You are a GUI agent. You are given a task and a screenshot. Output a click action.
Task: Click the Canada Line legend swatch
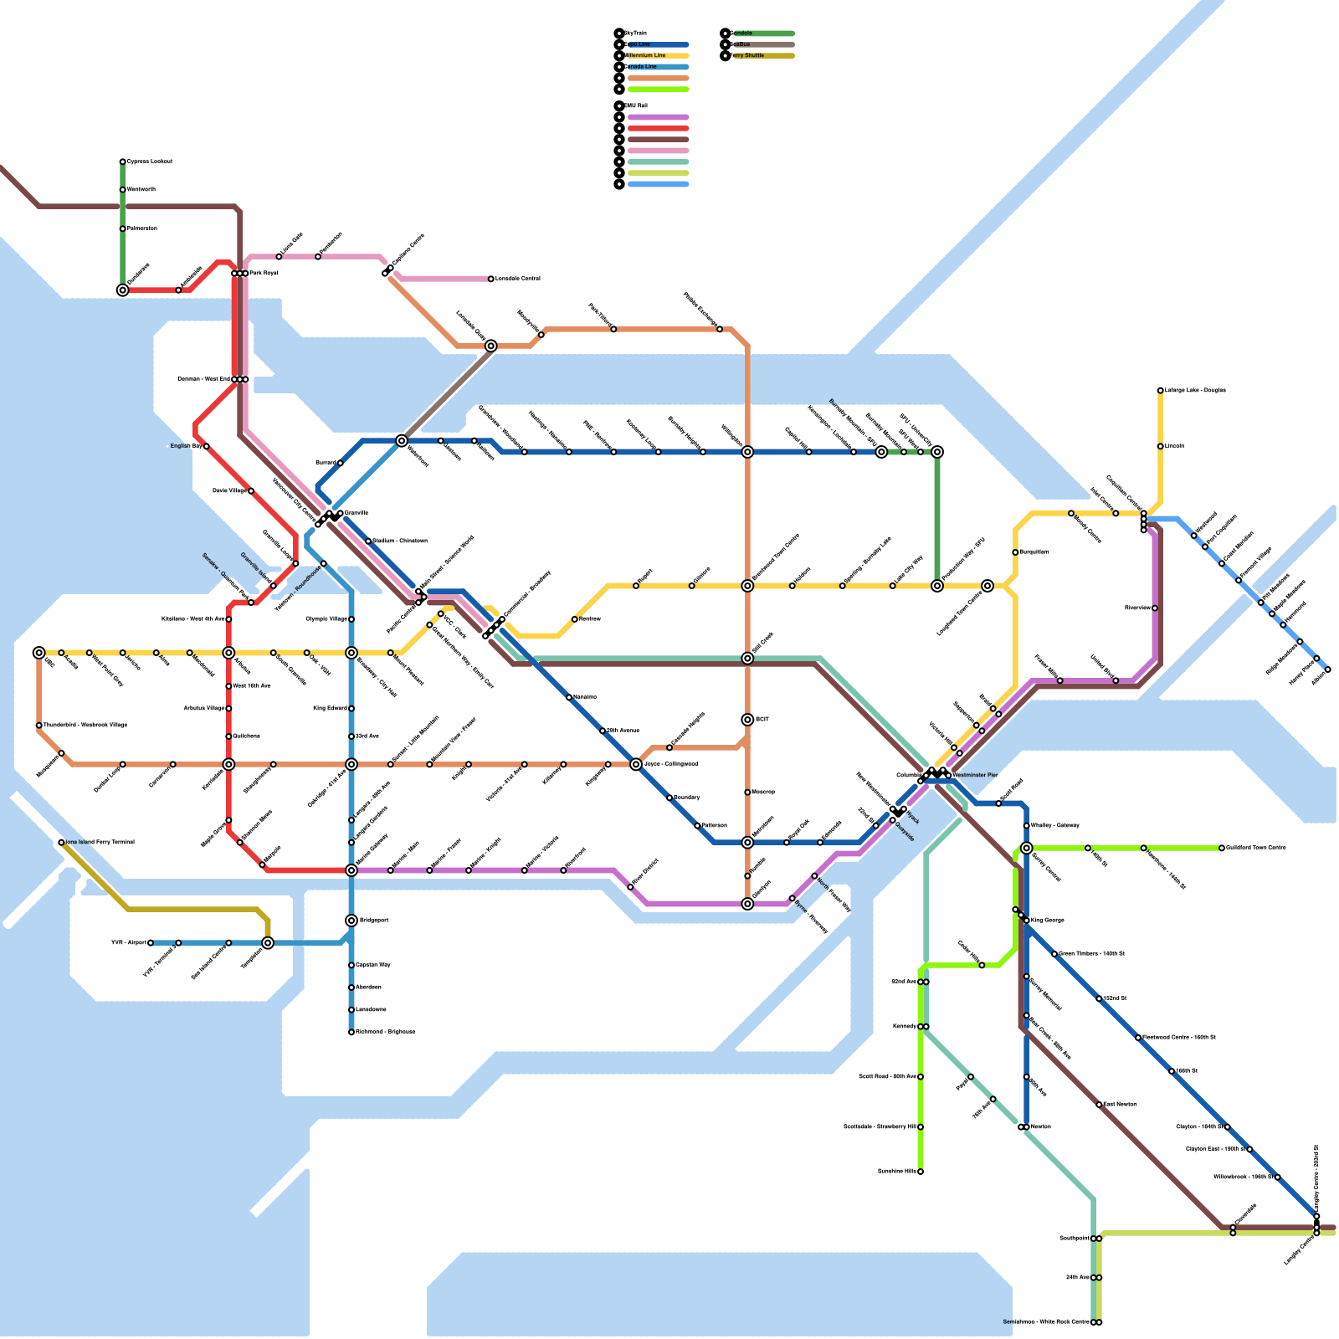coord(658,67)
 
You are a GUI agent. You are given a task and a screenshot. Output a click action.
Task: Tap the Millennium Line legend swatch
coord(658,56)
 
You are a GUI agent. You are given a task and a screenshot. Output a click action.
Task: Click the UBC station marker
coord(39,653)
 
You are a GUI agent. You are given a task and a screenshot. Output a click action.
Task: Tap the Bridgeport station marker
coord(351,921)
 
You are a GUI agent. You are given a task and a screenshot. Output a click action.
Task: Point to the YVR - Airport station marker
coord(151,943)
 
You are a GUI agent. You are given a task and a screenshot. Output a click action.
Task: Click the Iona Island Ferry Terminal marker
coord(61,843)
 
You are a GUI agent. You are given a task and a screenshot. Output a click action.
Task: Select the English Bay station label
coord(186,447)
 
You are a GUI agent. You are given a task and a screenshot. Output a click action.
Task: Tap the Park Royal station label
coord(264,274)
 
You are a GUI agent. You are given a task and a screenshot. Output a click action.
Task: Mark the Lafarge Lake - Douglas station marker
coord(1161,391)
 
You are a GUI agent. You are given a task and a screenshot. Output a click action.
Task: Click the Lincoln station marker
coord(1161,447)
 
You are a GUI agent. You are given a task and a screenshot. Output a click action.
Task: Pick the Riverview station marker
coord(1155,608)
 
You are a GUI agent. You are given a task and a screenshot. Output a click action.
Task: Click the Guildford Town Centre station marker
coord(1222,849)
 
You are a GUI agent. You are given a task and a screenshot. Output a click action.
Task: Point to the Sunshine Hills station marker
coord(921,1172)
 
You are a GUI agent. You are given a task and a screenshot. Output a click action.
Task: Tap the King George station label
coord(1048,921)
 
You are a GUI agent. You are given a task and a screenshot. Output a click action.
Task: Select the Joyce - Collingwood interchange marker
coord(636,765)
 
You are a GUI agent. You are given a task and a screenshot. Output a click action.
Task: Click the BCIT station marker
coord(747,720)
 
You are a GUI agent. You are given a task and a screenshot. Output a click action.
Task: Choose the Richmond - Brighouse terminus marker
coord(351,1033)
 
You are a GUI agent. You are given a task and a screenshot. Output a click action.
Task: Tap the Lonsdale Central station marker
coord(491,280)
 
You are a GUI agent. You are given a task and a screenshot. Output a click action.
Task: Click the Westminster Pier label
coord(974,776)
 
